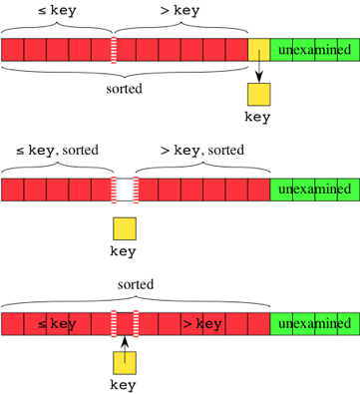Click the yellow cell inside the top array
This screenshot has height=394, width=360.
[x=258, y=50]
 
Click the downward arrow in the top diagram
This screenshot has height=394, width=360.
[x=258, y=71]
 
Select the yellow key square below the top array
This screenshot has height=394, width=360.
[x=258, y=95]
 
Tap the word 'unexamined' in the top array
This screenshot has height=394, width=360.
[x=314, y=50]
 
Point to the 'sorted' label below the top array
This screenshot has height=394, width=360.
[x=124, y=87]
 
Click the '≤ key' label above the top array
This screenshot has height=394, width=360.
[x=56, y=11]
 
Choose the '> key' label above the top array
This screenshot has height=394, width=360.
[x=180, y=11]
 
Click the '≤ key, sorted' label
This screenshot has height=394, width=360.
[x=56, y=151]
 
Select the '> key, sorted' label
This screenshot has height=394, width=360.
[x=201, y=151]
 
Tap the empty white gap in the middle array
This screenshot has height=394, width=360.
[x=124, y=189]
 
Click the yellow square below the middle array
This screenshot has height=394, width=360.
[x=124, y=227]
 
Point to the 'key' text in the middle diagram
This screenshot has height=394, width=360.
[x=124, y=250]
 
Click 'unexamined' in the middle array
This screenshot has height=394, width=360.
[x=314, y=189]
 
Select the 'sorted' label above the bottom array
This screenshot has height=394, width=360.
[x=136, y=284]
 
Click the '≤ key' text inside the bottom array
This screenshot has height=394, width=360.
[x=56, y=324]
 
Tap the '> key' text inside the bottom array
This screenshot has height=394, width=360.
[x=201, y=324]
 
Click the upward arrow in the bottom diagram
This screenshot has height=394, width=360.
[x=124, y=344]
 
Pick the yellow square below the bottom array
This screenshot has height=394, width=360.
[x=124, y=362]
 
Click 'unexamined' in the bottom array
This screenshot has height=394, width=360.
[x=314, y=324]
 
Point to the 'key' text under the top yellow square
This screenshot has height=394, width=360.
[x=258, y=117]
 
